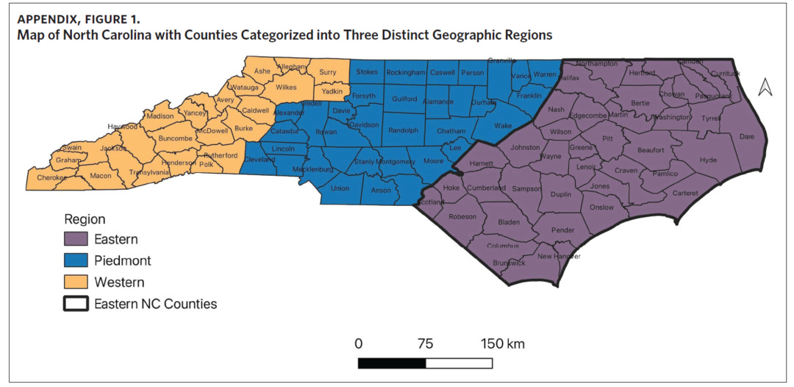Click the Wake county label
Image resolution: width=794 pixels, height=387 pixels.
(x=503, y=126)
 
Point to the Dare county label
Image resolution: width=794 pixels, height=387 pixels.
(x=746, y=136)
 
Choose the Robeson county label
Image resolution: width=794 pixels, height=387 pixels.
(x=462, y=216)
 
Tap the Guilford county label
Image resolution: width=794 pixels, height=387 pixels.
(x=404, y=99)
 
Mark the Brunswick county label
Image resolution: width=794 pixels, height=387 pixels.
(x=509, y=263)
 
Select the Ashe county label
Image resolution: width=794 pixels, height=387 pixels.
(x=262, y=71)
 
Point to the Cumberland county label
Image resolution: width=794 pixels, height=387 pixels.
(x=486, y=188)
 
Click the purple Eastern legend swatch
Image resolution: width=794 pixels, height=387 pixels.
(x=76, y=239)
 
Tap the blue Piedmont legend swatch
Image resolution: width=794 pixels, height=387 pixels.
(x=76, y=260)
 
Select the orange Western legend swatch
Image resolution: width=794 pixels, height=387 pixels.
(x=76, y=282)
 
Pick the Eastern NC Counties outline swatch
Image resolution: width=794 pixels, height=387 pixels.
(x=76, y=303)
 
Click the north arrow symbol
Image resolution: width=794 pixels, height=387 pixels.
(x=765, y=87)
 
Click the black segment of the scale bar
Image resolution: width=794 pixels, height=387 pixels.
(x=392, y=363)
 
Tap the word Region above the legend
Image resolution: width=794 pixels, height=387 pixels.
(x=85, y=219)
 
